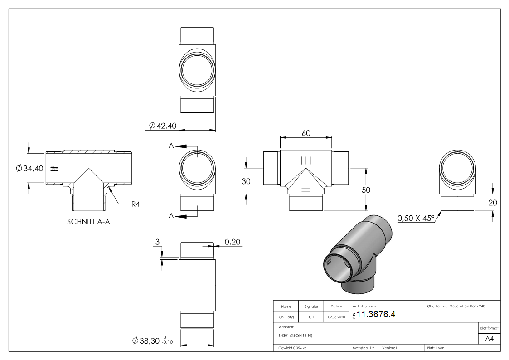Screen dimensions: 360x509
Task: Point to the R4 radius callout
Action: pos(135,204)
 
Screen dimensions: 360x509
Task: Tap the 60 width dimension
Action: pos(306,133)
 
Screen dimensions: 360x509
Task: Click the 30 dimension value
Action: pos(246,181)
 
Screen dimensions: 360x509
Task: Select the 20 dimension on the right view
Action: pos(493,203)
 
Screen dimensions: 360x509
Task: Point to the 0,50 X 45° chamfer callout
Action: pos(416,219)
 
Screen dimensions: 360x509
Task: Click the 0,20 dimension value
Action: pos(232,243)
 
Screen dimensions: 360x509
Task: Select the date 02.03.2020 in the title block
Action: pos(336,317)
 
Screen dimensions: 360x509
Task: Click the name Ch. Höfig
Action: pos(286,317)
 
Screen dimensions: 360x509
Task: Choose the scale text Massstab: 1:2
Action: pos(364,348)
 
